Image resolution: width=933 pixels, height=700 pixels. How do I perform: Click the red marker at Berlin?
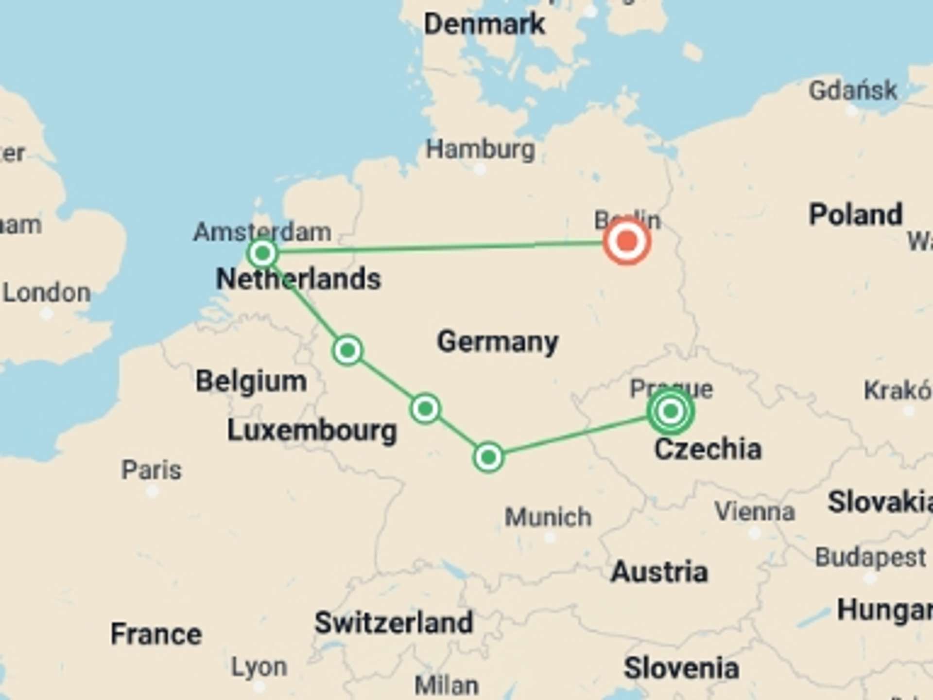tap(627, 241)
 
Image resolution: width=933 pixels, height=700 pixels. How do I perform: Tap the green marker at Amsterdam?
tap(262, 253)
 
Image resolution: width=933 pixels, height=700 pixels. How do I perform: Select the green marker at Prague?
tap(671, 411)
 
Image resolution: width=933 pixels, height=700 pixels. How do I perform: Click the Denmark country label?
tap(484, 24)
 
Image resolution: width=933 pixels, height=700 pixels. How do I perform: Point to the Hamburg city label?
tap(480, 149)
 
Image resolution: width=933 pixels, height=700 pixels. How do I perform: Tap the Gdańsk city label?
tap(853, 90)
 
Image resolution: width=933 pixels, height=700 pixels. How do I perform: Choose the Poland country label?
tap(856, 214)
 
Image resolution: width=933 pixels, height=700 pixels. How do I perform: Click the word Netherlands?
tap(298, 279)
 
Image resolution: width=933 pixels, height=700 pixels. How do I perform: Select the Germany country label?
tap(498, 341)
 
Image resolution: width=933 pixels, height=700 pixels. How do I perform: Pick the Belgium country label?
tap(251, 381)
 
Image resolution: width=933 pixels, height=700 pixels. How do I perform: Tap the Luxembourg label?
tap(312, 431)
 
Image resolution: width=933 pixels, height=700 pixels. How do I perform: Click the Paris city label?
tap(151, 470)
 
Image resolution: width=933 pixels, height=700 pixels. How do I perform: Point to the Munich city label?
tap(548, 517)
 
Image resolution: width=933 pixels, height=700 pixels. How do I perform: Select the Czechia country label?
tap(708, 449)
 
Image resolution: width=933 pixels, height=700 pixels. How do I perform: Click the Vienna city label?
tap(755, 511)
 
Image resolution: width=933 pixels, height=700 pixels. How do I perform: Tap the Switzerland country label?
tap(394, 623)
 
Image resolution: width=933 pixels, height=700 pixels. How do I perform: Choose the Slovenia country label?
tap(681, 668)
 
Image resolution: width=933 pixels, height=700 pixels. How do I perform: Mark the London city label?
tap(47, 293)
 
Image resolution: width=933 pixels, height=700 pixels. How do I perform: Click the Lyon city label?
tap(259, 667)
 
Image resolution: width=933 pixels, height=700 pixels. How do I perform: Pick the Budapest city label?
tap(870, 557)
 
